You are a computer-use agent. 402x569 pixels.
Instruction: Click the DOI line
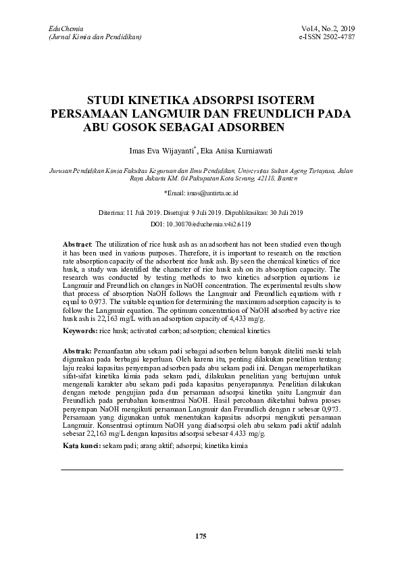click(201, 222)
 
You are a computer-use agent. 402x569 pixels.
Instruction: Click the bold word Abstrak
click(76, 353)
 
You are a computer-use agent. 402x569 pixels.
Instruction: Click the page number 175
click(200, 536)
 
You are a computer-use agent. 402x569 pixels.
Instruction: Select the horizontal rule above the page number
click(201, 469)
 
